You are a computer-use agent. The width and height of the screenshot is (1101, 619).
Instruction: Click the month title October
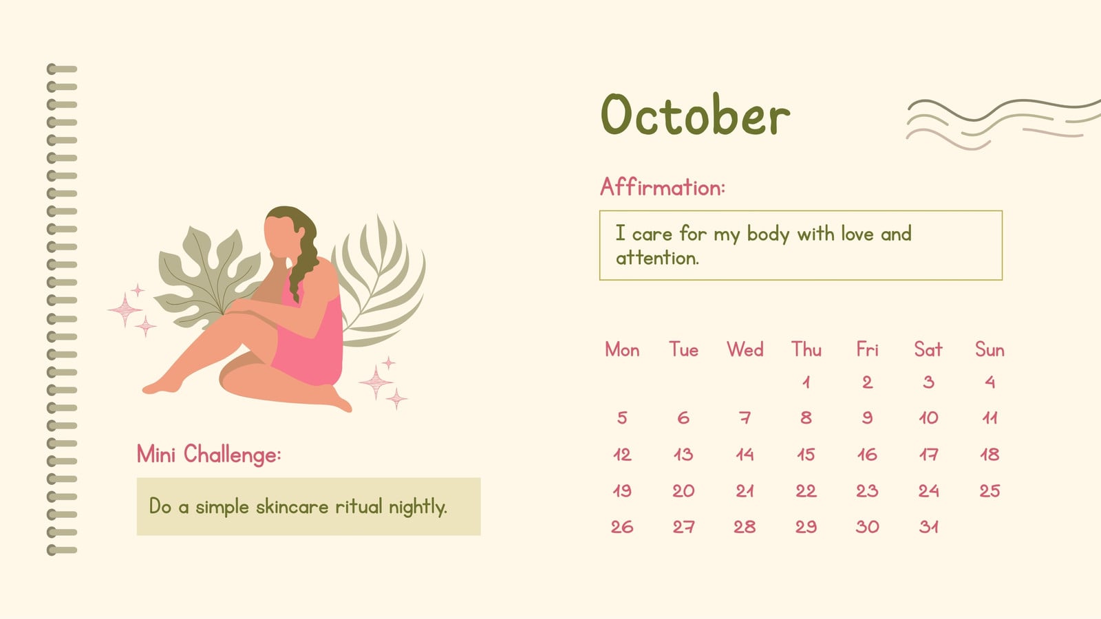point(696,114)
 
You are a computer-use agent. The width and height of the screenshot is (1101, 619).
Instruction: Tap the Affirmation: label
point(663,187)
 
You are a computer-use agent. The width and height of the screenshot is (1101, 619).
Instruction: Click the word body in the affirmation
point(768,235)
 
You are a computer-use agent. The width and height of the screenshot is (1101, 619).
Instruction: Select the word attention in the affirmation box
point(657,258)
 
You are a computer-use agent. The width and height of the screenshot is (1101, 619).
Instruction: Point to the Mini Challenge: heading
point(209,454)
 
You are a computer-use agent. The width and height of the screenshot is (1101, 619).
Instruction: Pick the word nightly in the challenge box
point(418,507)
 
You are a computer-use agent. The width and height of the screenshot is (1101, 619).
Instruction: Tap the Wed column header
point(745,350)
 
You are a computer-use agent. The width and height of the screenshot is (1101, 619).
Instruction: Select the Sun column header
point(990,350)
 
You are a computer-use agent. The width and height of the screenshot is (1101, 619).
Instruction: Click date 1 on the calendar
point(806,382)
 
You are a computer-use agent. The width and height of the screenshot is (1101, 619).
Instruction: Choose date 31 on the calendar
point(928,527)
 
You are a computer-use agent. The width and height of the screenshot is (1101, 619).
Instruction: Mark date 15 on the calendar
point(806,455)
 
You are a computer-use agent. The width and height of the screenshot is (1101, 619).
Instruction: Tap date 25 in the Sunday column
point(990,491)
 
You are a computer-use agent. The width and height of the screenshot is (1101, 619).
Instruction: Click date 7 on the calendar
point(745,418)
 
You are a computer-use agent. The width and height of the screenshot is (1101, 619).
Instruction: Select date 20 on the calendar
point(683,491)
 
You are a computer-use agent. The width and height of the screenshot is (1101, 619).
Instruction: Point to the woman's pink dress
point(309,339)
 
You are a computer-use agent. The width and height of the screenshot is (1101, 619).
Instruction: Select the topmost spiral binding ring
point(62,69)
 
